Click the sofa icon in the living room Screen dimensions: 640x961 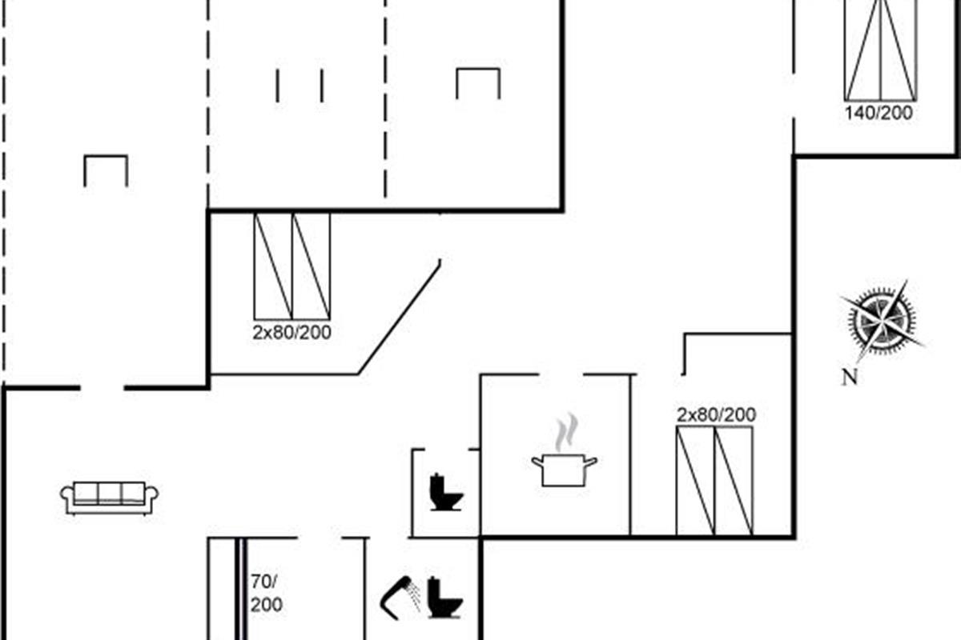tap(110, 497)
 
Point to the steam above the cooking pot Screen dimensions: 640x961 tap(566, 432)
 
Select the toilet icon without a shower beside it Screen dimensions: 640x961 tap(446, 493)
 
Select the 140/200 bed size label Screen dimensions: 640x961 tap(879, 114)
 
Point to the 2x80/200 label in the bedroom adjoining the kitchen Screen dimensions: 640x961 tap(716, 415)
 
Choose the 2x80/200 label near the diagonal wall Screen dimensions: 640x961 tap(292, 333)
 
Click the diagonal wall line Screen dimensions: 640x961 tap(399, 318)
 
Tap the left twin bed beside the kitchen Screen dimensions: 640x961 tap(695, 480)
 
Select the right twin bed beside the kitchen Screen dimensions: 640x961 tap(734, 480)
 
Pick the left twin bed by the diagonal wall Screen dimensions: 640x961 tap(273, 266)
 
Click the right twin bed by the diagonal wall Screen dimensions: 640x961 tap(312, 266)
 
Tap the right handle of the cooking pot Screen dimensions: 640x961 tap(592, 460)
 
